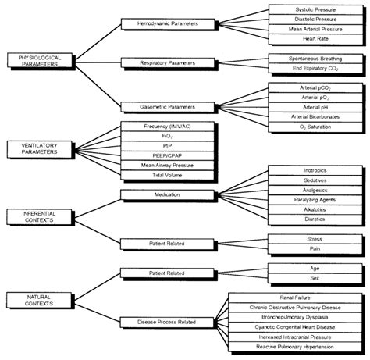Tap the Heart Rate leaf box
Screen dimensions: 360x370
pos(306,38)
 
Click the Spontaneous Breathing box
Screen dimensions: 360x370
pos(306,58)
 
